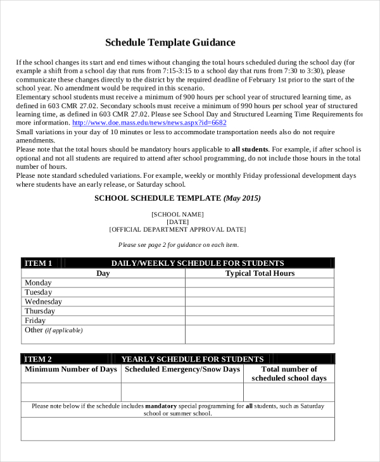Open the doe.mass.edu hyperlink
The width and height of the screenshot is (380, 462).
[x=149, y=123]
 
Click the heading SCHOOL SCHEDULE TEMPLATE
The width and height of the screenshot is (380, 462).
[x=177, y=198]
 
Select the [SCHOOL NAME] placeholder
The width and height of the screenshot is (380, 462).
[x=178, y=215]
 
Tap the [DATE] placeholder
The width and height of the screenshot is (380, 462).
[x=178, y=222]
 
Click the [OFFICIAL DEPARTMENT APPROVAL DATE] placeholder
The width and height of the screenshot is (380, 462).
[x=178, y=230]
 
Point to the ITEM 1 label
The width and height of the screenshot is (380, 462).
[x=38, y=263]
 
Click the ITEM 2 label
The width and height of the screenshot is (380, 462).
[x=38, y=359]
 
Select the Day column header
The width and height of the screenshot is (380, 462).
[x=103, y=273]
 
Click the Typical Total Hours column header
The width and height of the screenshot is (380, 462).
[x=260, y=273]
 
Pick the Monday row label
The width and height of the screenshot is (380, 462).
[x=38, y=283]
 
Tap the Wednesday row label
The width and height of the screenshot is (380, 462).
[x=43, y=302]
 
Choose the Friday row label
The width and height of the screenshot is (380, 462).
[x=36, y=321]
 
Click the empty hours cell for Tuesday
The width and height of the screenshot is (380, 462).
[x=260, y=292]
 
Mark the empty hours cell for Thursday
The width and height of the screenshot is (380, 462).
[x=260, y=311]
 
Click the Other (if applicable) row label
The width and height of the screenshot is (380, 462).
[x=53, y=330]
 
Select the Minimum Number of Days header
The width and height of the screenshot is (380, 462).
[x=71, y=370]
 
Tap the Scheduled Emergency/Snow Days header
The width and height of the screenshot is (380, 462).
[x=182, y=370]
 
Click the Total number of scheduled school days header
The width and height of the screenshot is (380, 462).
[x=289, y=373]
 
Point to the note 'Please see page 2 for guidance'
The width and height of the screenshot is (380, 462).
[x=178, y=245]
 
